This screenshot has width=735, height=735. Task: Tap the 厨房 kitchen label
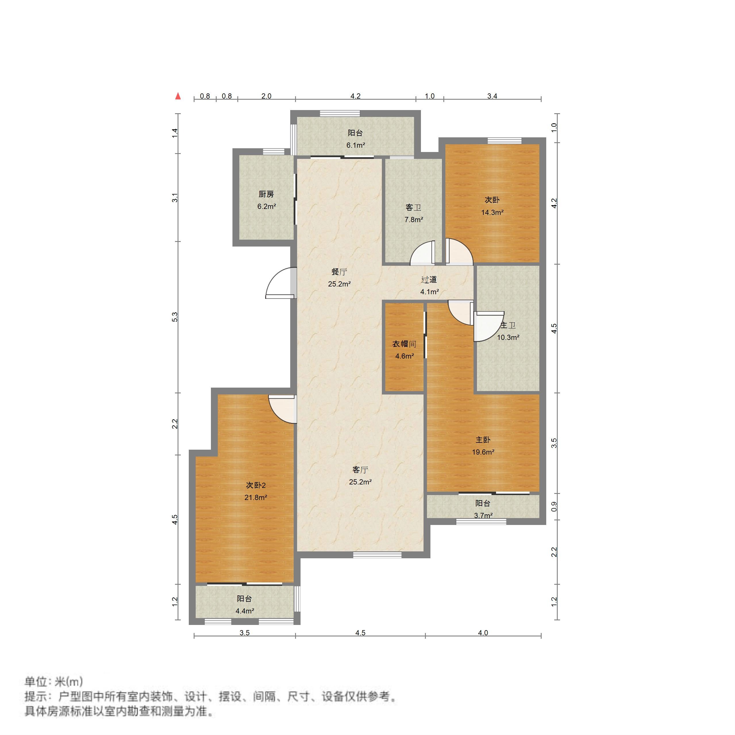[266, 195]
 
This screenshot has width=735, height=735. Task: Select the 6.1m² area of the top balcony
[355, 145]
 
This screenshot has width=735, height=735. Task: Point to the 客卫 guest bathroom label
[413, 207]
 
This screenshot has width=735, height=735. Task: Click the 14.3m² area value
[492, 212]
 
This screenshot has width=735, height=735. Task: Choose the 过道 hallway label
[429, 280]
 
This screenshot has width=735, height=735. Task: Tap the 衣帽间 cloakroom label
[404, 344]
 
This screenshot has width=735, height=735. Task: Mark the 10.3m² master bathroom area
[508, 337]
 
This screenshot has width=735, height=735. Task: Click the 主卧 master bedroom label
[483, 440]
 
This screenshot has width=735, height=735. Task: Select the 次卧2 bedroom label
[256, 485]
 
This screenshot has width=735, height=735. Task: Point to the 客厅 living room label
[360, 470]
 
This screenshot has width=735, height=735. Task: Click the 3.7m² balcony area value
[483, 515]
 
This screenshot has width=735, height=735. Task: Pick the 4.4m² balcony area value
[245, 611]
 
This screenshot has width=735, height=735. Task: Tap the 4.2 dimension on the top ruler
[355, 96]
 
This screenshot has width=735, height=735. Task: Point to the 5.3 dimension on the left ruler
[175, 317]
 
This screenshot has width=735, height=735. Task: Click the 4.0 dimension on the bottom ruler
[483, 633]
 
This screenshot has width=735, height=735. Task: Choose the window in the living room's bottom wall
[377, 555]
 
